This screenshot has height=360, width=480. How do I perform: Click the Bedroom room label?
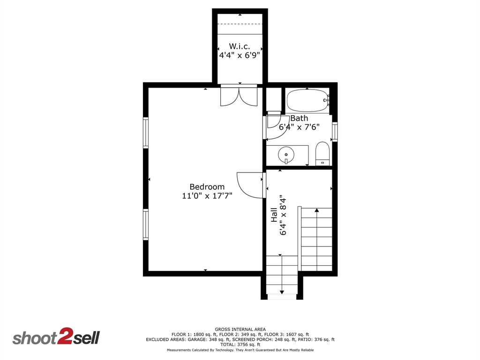pyautogui.click(x=207, y=187)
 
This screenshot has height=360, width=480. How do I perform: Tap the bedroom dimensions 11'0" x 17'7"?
pyautogui.click(x=207, y=196)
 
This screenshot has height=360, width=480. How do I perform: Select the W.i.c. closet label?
pyautogui.click(x=239, y=46)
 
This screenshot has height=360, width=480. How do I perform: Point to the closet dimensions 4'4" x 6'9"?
pyautogui.click(x=239, y=55)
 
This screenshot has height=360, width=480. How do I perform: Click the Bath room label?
pyautogui.click(x=299, y=118)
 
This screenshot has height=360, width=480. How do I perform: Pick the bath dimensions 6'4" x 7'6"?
pyautogui.click(x=299, y=127)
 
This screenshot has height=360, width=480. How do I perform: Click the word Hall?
pyautogui.click(x=274, y=215)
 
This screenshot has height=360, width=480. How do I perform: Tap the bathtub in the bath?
pyautogui.click(x=307, y=100)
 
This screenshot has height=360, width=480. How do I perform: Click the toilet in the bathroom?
pyautogui.click(x=322, y=153)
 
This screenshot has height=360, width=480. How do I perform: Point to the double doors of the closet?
pyautogui.click(x=239, y=96)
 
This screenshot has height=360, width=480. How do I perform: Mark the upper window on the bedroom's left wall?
pyautogui.click(x=146, y=133)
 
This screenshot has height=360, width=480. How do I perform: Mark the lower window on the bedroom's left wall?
pyautogui.click(x=146, y=225)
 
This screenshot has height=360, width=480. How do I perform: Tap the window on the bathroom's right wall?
pyautogui.click(x=335, y=132)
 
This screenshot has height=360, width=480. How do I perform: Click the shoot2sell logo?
pyautogui.click(x=56, y=337)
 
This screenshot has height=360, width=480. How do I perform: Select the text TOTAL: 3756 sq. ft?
pyautogui.click(x=240, y=345)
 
